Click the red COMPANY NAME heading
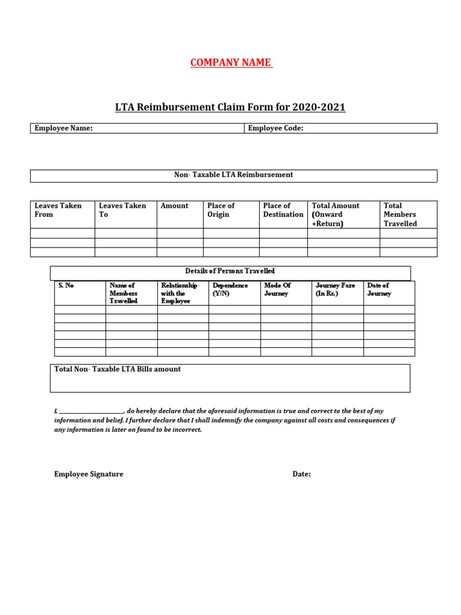pyautogui.click(x=231, y=63)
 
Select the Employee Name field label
pyautogui.click(x=64, y=128)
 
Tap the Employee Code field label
pyautogui.click(x=276, y=128)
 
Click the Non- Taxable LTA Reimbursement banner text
pyautogui.click(x=234, y=175)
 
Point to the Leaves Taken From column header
pyautogui.click(x=58, y=210)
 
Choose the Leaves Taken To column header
pyautogui.click(x=122, y=210)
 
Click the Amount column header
pyautogui.click(x=174, y=205)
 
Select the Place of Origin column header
pyautogui.click(x=221, y=210)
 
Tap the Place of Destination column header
pyautogui.click(x=283, y=210)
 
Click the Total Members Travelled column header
pyautogui.click(x=400, y=214)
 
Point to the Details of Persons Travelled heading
pyautogui.click(x=230, y=271)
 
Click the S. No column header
pyautogui.click(x=66, y=285)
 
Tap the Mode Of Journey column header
pyautogui.click(x=277, y=289)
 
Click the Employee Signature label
pyautogui.click(x=88, y=474)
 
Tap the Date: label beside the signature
pyautogui.click(x=301, y=474)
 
